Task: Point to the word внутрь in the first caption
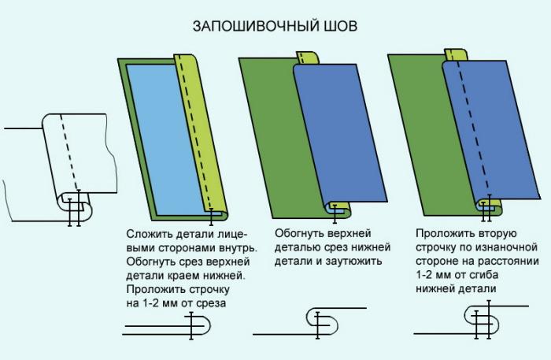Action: pos(238,248)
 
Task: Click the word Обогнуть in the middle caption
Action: pos(298,233)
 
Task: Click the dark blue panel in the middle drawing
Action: pos(340,134)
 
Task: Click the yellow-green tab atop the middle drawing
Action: pos(307,58)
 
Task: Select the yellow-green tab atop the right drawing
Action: pos(456,55)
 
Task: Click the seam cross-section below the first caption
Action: pos(167,325)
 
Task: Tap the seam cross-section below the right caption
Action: pos(471,321)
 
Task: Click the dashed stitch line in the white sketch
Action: pos(70,153)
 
